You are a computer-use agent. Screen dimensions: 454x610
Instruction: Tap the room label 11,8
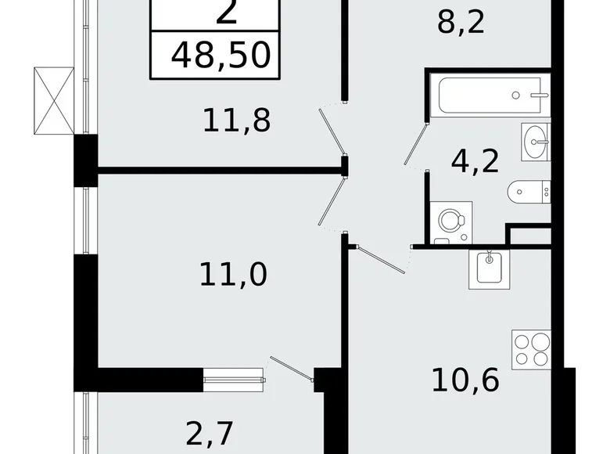point(236,121)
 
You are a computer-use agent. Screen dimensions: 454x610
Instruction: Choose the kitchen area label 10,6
point(466,384)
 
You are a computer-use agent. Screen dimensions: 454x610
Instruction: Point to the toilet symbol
point(529,189)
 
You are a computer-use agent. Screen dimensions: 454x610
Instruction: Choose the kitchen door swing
point(379,257)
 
